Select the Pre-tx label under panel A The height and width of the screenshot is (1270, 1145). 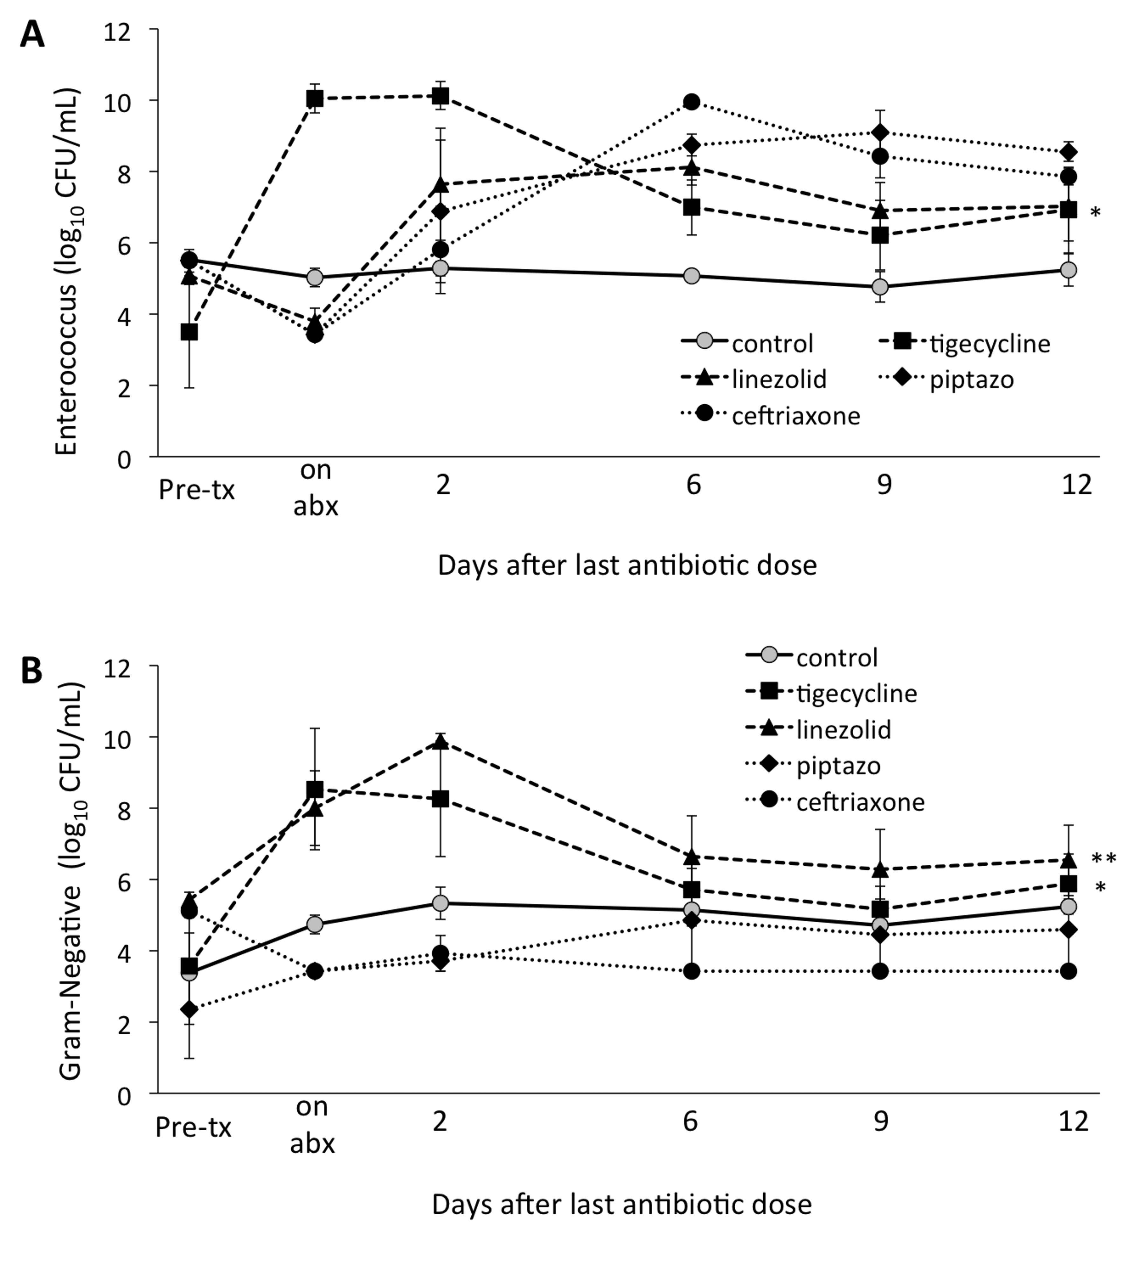[196, 489]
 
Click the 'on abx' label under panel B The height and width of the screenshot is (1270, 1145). [313, 1125]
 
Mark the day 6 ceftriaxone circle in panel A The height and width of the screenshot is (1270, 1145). [692, 102]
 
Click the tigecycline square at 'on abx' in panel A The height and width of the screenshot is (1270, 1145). [315, 99]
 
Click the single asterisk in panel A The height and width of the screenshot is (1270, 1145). [1095, 213]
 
